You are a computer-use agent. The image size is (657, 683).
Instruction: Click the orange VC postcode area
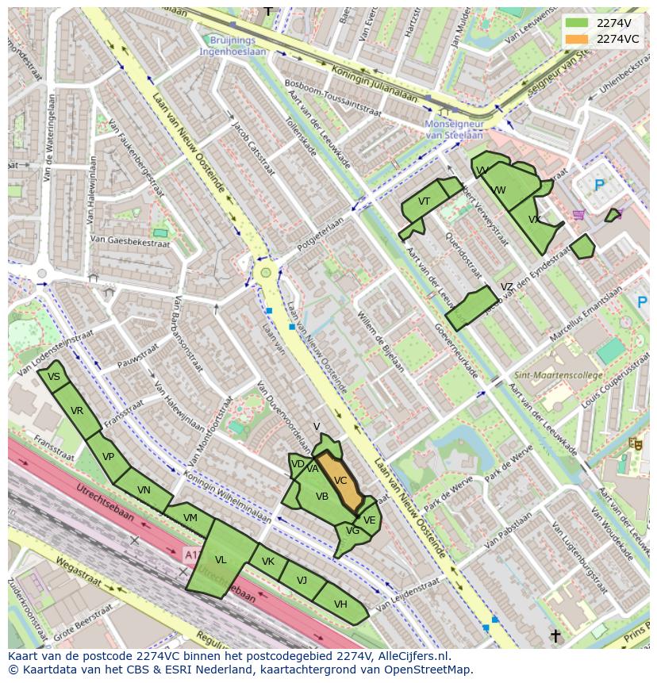340,482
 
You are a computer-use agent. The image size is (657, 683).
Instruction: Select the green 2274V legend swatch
577,23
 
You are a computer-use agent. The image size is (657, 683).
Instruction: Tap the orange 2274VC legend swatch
577,39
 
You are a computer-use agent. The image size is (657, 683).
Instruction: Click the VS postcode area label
54,377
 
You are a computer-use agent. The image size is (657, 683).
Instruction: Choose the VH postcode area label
340,604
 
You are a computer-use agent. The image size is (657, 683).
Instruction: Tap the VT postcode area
424,202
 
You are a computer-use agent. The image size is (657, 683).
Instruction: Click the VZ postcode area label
506,287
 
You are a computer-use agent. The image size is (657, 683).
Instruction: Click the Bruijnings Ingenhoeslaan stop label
233,45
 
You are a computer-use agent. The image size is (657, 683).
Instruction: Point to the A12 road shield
191,553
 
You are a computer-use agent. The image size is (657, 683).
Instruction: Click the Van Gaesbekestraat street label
129,240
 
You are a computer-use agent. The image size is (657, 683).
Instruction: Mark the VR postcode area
77,411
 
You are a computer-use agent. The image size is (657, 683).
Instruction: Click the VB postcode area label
322,497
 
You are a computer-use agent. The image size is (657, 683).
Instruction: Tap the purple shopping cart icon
578,214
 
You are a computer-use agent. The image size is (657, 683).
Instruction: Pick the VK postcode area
268,562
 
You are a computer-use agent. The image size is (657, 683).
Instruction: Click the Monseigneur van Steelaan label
454,130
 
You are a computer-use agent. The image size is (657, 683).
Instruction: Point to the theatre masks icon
634,444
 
